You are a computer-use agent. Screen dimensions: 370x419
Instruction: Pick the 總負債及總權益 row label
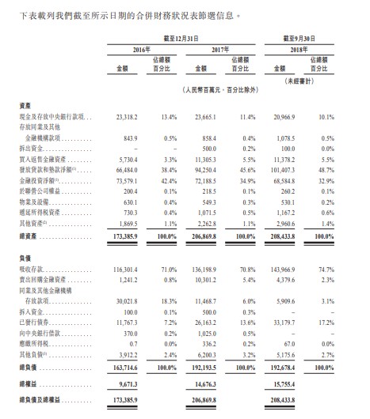pyautogui.click(x=32, y=403)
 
